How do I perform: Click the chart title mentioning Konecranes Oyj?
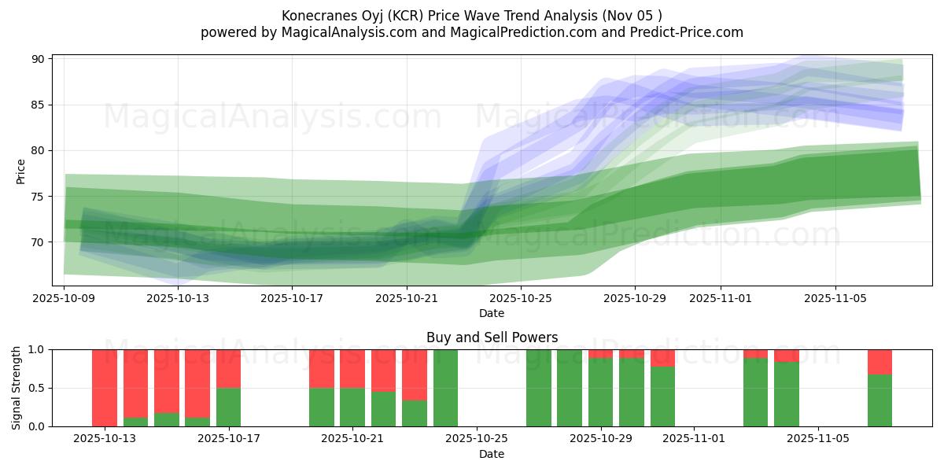471,16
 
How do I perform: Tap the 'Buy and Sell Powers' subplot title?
492,337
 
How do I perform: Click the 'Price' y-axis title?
21,171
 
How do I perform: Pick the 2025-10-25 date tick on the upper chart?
521,298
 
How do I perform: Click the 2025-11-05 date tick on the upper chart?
835,298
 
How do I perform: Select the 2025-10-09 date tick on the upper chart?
64,298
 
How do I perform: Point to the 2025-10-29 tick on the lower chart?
601,439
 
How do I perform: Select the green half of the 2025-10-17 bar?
229,407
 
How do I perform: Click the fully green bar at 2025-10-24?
446,388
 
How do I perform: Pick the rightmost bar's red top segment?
879,361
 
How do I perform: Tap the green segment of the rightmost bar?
879,400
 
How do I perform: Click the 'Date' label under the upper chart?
492,313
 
